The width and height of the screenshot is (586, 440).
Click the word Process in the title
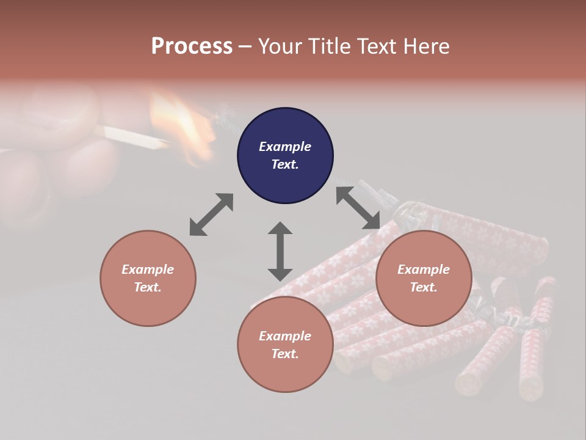point(192,46)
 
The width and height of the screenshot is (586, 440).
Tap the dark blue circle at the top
point(285,156)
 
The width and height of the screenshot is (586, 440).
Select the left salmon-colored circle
point(148,278)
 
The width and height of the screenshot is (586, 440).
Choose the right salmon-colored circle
point(423,278)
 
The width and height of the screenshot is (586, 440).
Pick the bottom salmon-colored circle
point(285,345)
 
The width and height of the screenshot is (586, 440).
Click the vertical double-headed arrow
point(280,251)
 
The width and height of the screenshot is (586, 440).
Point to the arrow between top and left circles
point(211,215)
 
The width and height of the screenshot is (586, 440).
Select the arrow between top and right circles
point(358,208)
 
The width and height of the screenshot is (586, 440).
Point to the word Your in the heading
point(280,46)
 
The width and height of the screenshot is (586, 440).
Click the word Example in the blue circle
point(285,147)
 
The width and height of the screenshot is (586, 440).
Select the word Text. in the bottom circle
point(285,354)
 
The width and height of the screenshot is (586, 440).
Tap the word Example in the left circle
point(148,269)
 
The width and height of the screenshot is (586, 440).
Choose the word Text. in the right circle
point(423,287)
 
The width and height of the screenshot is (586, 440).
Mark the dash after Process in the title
point(245,46)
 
